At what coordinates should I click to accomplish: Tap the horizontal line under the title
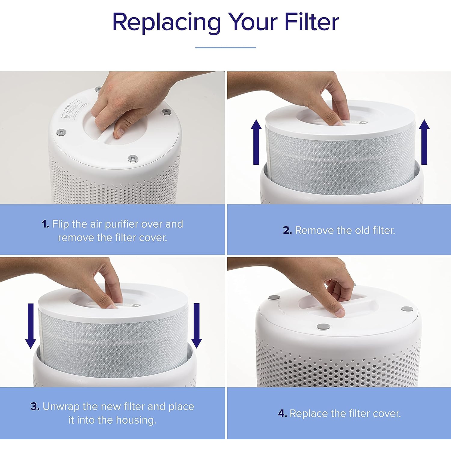[x=226, y=47]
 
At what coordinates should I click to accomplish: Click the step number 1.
[x=45, y=224]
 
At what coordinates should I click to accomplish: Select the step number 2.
[x=287, y=231]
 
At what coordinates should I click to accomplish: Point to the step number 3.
[x=35, y=407]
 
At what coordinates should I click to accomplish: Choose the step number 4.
[x=282, y=414]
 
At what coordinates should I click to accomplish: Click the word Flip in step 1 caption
[x=60, y=224]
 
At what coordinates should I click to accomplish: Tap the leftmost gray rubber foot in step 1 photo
[x=61, y=132]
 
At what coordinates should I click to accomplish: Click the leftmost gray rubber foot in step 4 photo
[x=274, y=298]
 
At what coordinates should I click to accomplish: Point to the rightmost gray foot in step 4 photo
[x=407, y=309]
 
